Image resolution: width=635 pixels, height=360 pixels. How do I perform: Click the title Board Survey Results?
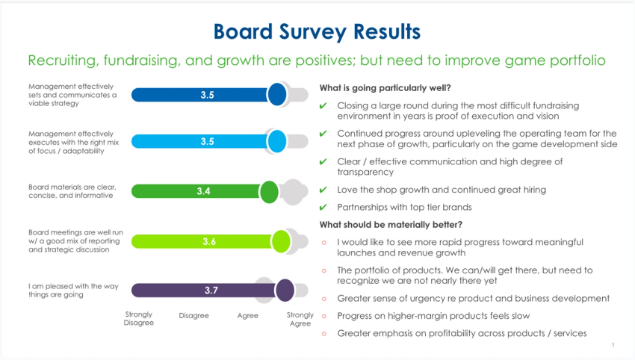(317, 31)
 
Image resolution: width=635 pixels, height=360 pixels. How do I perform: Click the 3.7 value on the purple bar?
(211, 291)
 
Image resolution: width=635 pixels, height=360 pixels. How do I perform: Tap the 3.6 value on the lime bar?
(209, 241)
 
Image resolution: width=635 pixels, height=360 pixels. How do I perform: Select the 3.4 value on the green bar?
(203, 191)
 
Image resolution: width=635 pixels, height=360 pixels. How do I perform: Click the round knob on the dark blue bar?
(277, 95)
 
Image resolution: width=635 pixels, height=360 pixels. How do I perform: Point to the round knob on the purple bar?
(284, 291)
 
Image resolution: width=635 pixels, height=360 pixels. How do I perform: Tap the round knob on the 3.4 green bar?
(269, 192)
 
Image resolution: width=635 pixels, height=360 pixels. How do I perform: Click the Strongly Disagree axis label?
(138, 319)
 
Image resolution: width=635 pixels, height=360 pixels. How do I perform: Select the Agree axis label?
(247, 315)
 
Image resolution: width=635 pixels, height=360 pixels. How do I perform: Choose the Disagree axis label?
(193, 315)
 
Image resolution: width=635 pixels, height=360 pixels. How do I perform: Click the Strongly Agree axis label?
(300, 319)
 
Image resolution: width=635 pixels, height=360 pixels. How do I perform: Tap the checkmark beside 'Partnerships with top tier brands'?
(323, 207)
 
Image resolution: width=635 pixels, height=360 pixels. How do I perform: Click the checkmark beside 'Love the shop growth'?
(323, 190)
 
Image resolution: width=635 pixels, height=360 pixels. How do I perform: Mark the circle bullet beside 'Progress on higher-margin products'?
(323, 315)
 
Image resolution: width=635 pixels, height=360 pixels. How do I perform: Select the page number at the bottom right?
(613, 345)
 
